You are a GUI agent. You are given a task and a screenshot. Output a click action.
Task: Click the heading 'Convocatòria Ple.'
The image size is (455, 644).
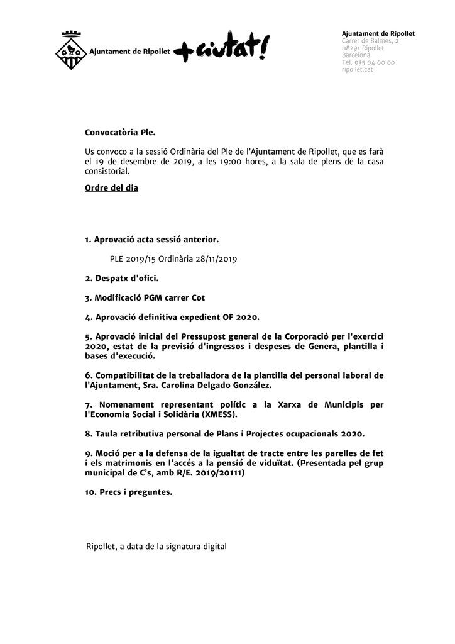[x=119, y=133]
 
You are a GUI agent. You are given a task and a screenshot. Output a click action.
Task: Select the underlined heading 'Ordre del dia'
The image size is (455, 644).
[x=111, y=188]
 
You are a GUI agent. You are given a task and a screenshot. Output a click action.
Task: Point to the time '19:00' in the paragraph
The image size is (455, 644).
[x=229, y=161]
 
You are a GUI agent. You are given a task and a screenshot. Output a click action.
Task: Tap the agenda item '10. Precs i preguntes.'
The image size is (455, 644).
[x=128, y=492]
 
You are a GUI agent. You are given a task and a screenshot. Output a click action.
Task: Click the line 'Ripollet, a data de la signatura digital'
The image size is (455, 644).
[x=156, y=547]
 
